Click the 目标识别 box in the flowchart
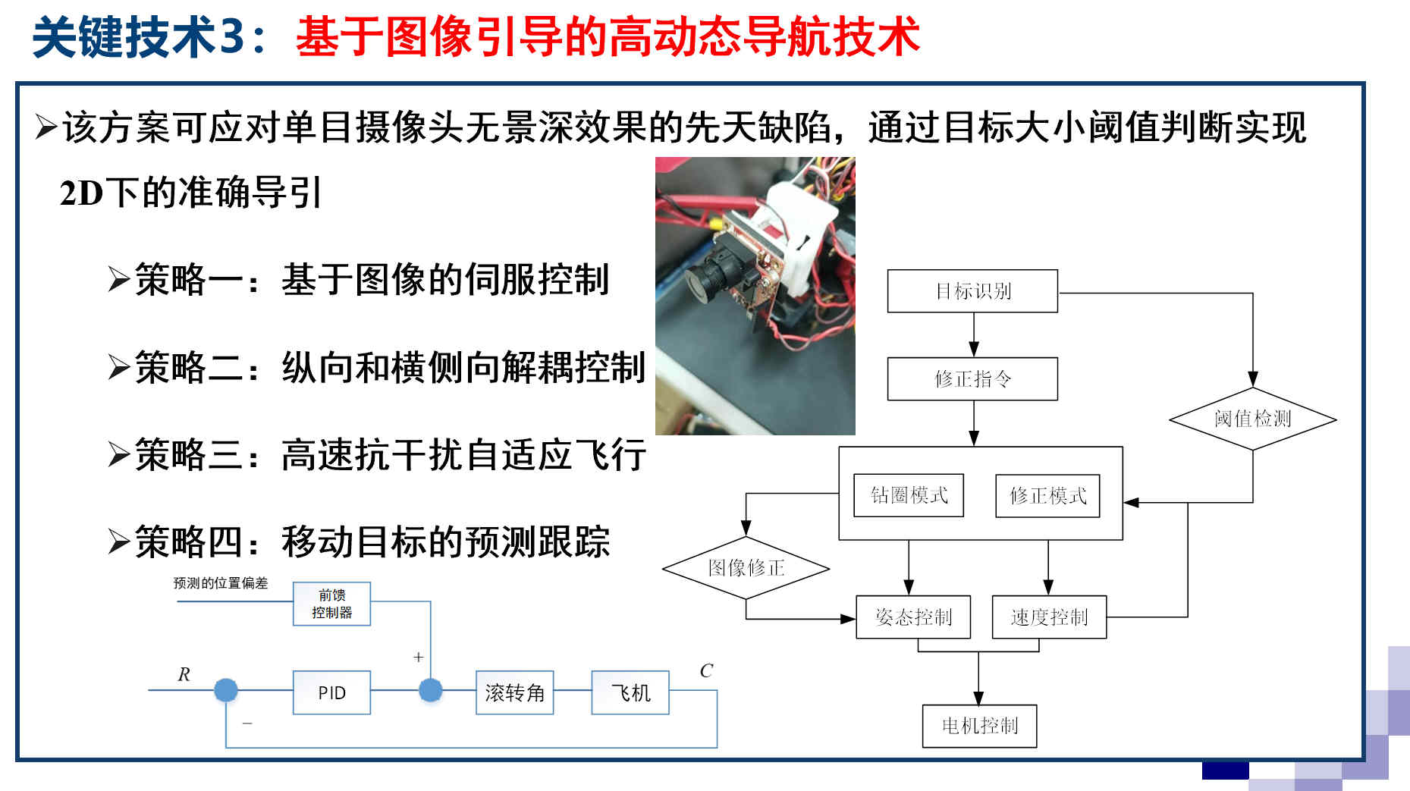[972, 291]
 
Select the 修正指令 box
[972, 379]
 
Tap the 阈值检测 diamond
[1252, 419]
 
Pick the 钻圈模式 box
[909, 495]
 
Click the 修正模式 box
[1047, 496]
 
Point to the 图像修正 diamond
[746, 568]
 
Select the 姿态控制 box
[913, 617]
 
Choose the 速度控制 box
[1049, 617]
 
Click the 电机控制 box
[979, 726]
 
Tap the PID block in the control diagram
[331, 692]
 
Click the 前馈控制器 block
[331, 604]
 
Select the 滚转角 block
[514, 692]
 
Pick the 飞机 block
[630, 692]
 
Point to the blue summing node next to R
[225, 690]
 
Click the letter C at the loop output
[706, 670]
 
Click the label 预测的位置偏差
[220, 582]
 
